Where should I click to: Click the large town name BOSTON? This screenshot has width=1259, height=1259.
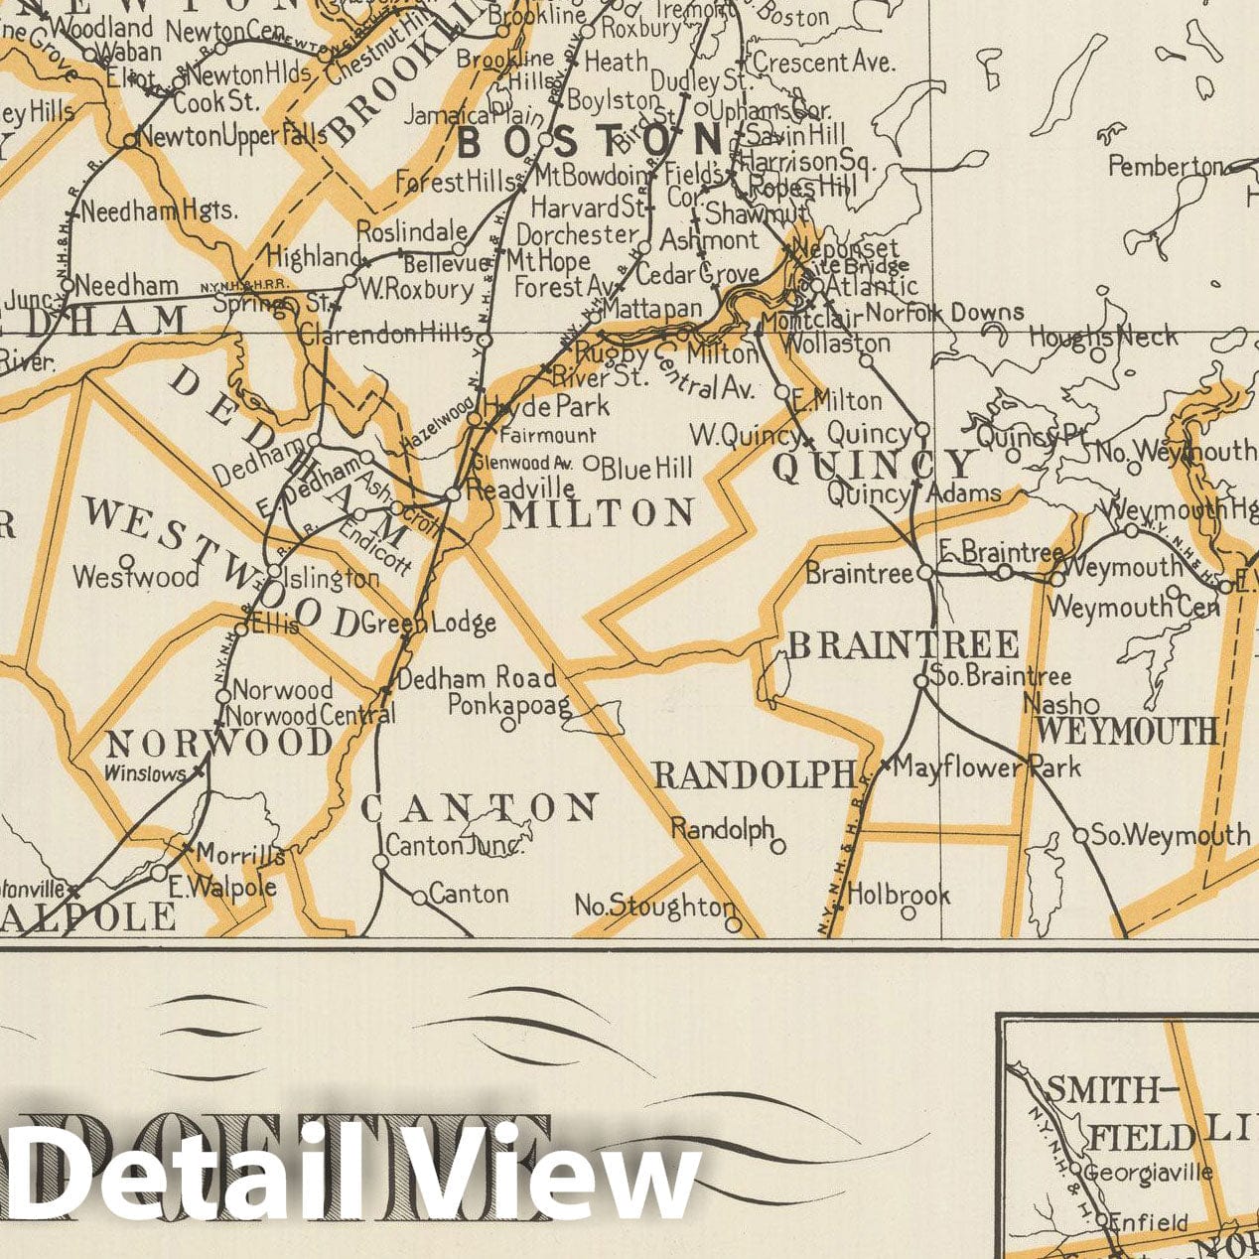pos(591,142)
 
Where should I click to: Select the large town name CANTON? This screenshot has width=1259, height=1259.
pos(480,809)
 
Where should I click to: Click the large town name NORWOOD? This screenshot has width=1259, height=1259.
pos(219,743)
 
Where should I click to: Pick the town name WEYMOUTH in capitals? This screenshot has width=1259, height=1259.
pos(1127,732)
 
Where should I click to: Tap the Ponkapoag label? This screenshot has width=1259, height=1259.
pos(509,705)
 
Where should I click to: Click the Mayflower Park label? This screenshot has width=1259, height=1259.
pos(989,768)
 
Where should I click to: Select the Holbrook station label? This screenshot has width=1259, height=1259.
pos(900,895)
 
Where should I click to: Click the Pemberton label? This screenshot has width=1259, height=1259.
pos(1165,166)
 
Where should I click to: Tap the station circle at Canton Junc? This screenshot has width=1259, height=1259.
pos(380,862)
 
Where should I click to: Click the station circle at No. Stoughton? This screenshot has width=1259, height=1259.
pos(733,924)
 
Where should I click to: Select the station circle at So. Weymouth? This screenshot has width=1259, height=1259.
pos(1080,835)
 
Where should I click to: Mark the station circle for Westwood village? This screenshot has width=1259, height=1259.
pos(126,560)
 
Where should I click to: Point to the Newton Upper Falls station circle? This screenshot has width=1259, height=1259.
pos(129,142)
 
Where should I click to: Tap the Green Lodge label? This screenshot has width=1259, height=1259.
pos(429,624)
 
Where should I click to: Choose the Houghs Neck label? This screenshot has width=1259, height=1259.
pos(1102,337)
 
